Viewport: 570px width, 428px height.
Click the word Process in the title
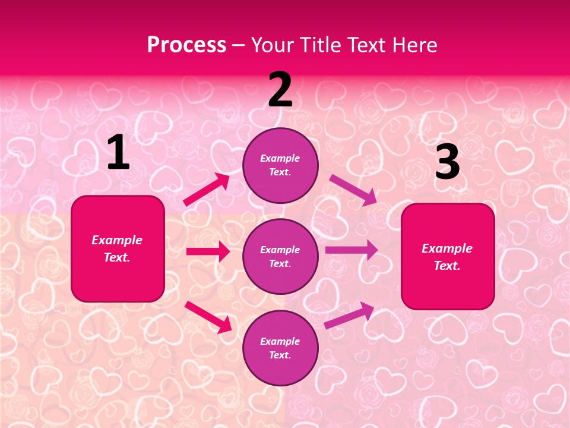tap(186, 45)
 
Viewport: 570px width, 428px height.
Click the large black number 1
tap(118, 153)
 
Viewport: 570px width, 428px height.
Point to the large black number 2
tap(280, 90)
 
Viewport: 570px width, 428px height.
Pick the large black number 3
tap(447, 162)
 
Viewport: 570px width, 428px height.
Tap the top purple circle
tap(280, 165)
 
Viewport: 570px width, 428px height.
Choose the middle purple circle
tap(280, 256)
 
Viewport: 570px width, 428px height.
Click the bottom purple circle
tap(280, 348)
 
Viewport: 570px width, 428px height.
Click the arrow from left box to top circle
tap(207, 190)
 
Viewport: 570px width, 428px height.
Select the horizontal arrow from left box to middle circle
tap(208, 251)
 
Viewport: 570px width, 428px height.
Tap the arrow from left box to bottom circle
tap(208, 316)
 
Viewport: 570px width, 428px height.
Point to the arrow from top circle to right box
tap(353, 190)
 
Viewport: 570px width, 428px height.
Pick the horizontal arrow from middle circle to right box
tap(351, 250)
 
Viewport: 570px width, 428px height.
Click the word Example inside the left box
tap(117, 240)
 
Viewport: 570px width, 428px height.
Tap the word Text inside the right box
tap(446, 266)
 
